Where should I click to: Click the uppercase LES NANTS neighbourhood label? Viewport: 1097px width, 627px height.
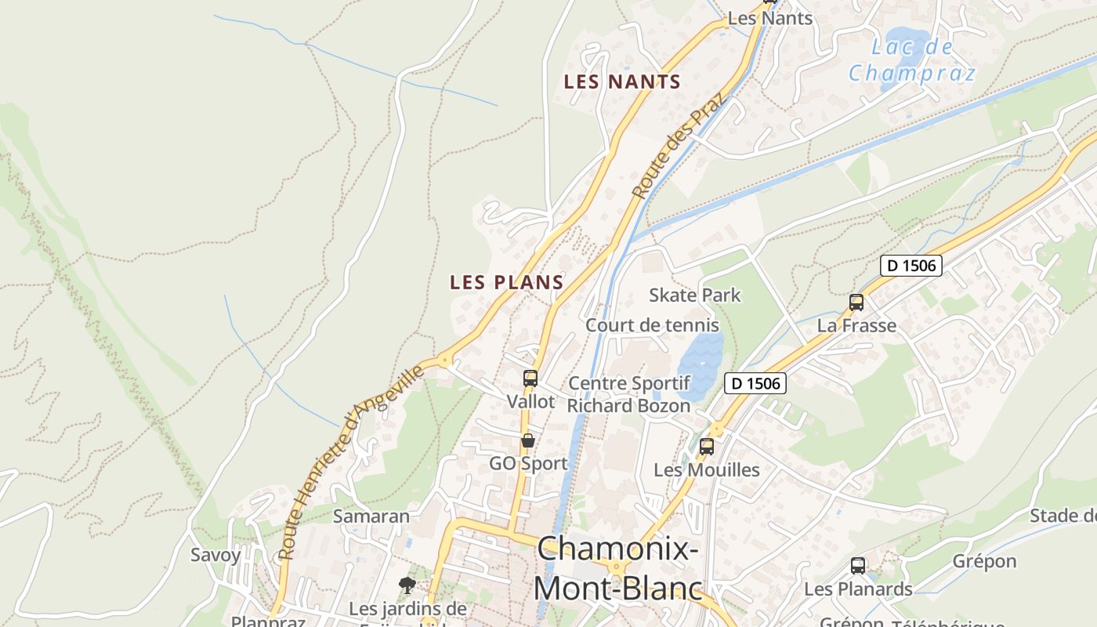(622, 82)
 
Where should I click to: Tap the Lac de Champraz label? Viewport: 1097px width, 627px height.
(912, 60)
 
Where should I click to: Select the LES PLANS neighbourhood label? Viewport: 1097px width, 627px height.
(506, 282)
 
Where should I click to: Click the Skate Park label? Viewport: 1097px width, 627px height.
(694, 295)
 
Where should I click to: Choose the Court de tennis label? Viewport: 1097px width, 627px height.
(652, 324)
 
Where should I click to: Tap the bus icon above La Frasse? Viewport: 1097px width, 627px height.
(856, 303)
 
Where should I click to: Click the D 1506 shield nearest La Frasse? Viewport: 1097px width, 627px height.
(911, 266)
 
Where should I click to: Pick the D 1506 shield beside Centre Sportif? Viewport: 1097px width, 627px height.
(755, 383)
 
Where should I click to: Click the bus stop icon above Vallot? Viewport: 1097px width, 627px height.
(530, 379)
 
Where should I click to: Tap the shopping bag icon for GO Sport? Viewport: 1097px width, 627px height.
(528, 440)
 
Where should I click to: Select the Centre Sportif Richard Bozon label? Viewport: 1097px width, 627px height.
(628, 394)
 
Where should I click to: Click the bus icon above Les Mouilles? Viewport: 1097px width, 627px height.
(707, 447)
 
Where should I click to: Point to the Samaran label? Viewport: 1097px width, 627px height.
(371, 516)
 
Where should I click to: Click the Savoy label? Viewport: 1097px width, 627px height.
(215, 555)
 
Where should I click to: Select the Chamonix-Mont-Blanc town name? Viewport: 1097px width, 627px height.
(618, 567)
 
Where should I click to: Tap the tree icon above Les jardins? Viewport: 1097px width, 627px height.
(407, 585)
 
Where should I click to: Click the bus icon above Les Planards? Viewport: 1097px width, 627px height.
(858, 566)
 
